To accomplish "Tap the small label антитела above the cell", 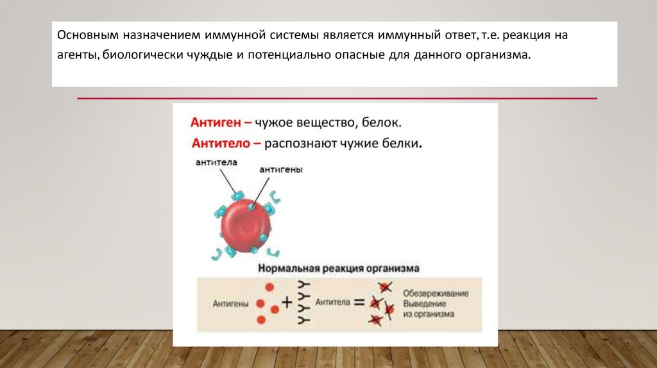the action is (x=217, y=163).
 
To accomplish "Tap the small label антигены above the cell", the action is (x=281, y=170).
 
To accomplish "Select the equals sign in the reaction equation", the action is (x=358, y=301).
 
